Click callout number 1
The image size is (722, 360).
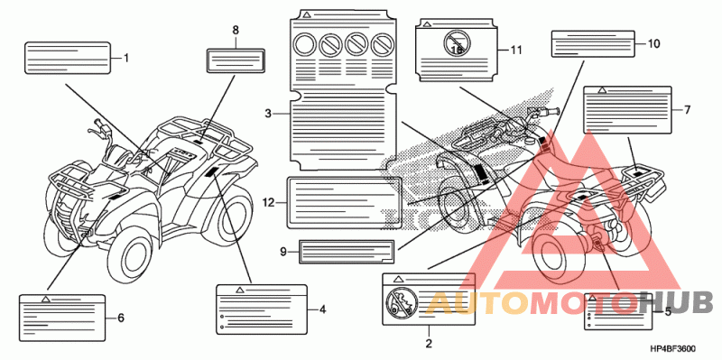pyautogui.click(x=126, y=59)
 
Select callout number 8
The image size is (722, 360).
pyautogui.click(x=236, y=31)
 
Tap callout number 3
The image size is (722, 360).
pyautogui.click(x=268, y=113)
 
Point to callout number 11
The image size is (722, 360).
pyautogui.click(x=516, y=51)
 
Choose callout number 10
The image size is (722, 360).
pyautogui.click(x=653, y=43)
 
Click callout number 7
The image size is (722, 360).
pyautogui.click(x=687, y=109)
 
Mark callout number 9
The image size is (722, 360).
pyautogui.click(x=283, y=252)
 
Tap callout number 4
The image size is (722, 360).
pyautogui.click(x=322, y=309)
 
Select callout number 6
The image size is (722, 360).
pyautogui.click(x=121, y=318)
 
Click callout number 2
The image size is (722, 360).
pyautogui.click(x=429, y=343)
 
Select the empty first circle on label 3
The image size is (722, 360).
pyautogui.click(x=304, y=44)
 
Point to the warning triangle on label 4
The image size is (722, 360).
pyautogui.click(x=239, y=290)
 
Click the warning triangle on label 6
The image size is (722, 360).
pyautogui.click(x=45, y=300)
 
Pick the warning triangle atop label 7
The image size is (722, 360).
pyautogui.click(x=601, y=90)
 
